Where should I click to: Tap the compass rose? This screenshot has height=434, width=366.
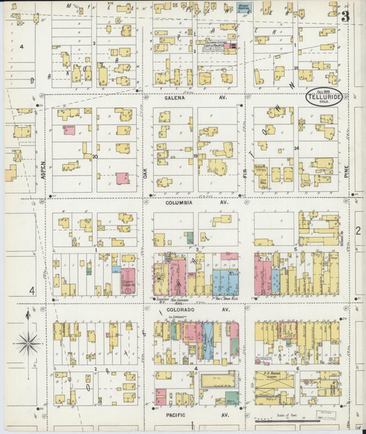coord(27,342)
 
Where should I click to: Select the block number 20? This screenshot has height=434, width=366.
coord(95,156)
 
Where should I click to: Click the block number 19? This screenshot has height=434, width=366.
coord(195,156)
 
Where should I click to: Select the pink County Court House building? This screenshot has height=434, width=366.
coord(128,281)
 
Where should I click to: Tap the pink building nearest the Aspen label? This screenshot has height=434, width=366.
coord(69,129)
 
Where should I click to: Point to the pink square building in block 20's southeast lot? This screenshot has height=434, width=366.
coord(122,178)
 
